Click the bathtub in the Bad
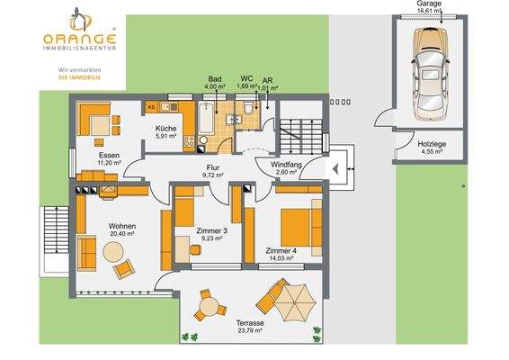[x=205, y=123]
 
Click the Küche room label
[x=165, y=130]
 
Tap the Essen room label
[x=111, y=155]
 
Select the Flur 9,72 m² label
[x=212, y=169]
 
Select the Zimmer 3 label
[x=212, y=232]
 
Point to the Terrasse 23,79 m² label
[x=250, y=326]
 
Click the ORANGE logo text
[x=79, y=39]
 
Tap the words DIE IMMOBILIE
[x=79, y=78]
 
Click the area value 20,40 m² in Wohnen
[x=121, y=234]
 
